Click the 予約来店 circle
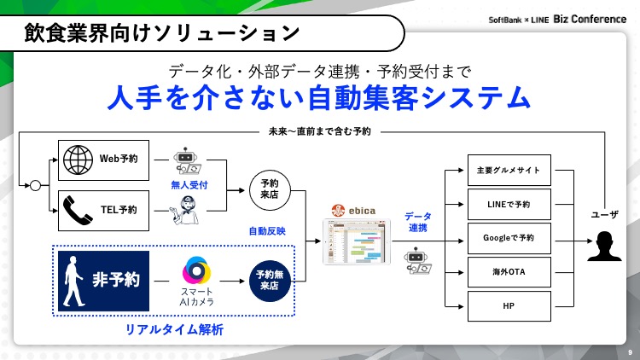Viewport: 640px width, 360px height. pyautogui.click(x=270, y=189)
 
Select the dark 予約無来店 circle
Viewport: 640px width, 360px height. pyautogui.click(x=270, y=281)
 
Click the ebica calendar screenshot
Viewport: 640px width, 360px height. pyautogui.click(x=354, y=244)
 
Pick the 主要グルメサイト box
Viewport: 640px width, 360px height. pyautogui.click(x=509, y=170)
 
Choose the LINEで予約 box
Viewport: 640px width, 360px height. pyautogui.click(x=509, y=204)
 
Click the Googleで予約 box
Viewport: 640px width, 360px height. pyautogui.click(x=509, y=238)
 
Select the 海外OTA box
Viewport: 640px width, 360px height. pyautogui.click(x=509, y=272)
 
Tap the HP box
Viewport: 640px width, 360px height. pyautogui.click(x=509, y=305)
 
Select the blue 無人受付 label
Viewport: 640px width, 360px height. pyautogui.click(x=190, y=184)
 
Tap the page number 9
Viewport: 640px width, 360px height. pyautogui.click(x=629, y=351)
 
